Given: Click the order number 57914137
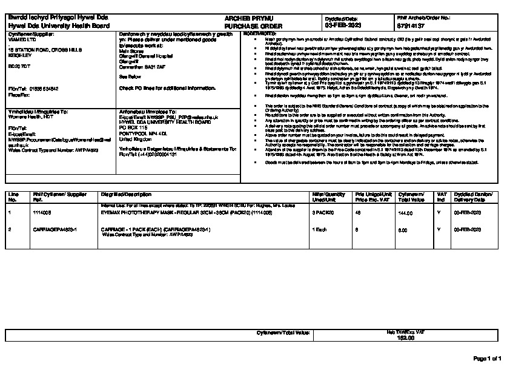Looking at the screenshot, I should point(409,27).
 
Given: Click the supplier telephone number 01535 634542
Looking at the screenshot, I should point(42,88).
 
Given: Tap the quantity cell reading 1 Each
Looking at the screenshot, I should point(319,230).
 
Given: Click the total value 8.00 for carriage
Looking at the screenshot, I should point(402,230).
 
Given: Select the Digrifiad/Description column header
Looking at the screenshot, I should point(125,194).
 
